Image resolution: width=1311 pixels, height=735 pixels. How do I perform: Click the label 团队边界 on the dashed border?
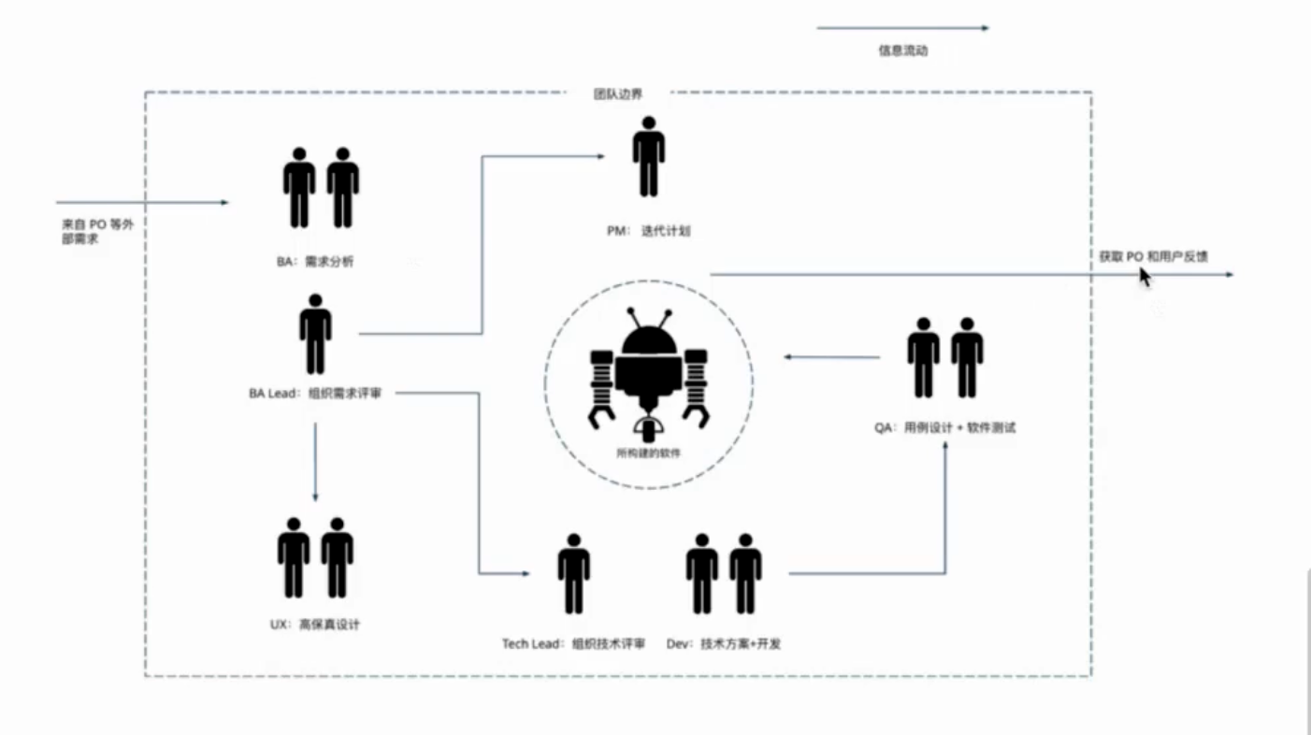[618, 94]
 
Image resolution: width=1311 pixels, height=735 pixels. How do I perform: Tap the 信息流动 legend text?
[902, 51]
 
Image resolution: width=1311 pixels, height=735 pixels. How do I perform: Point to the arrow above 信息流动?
[902, 29]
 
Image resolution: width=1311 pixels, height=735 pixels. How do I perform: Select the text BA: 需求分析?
[314, 263]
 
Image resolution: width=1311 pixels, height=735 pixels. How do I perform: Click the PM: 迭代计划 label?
[647, 230]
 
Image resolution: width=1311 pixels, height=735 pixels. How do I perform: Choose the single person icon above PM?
[648, 156]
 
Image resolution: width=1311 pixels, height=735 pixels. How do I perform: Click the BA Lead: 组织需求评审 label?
[314, 394]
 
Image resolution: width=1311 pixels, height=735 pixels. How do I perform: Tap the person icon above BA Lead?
[315, 334]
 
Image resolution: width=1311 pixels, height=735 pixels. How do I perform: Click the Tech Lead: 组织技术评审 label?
[573, 644]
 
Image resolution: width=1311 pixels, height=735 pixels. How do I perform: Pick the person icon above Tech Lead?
[573, 573]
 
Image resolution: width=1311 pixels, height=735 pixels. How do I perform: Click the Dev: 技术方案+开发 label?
[723, 644]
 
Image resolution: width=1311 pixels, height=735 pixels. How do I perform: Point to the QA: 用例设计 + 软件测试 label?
[944, 428]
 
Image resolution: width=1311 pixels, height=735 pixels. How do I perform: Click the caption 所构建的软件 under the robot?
[647, 454]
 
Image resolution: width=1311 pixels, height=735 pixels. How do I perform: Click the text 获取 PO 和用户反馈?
[1153, 256]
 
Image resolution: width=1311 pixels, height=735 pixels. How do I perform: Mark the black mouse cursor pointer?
[1144, 277]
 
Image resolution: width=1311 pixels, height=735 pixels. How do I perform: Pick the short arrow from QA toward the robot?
[831, 357]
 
